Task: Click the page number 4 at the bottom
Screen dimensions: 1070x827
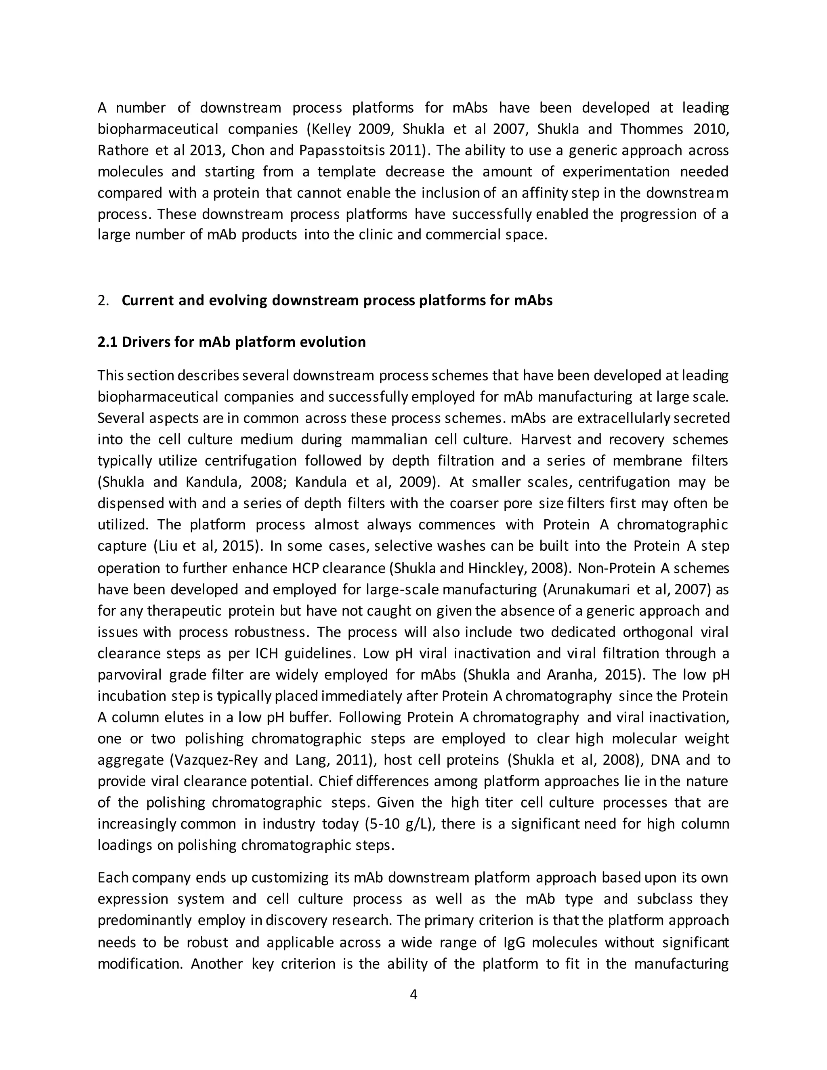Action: (413, 994)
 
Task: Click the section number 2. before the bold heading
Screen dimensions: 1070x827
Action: (103, 300)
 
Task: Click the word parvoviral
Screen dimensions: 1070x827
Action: (129, 675)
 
